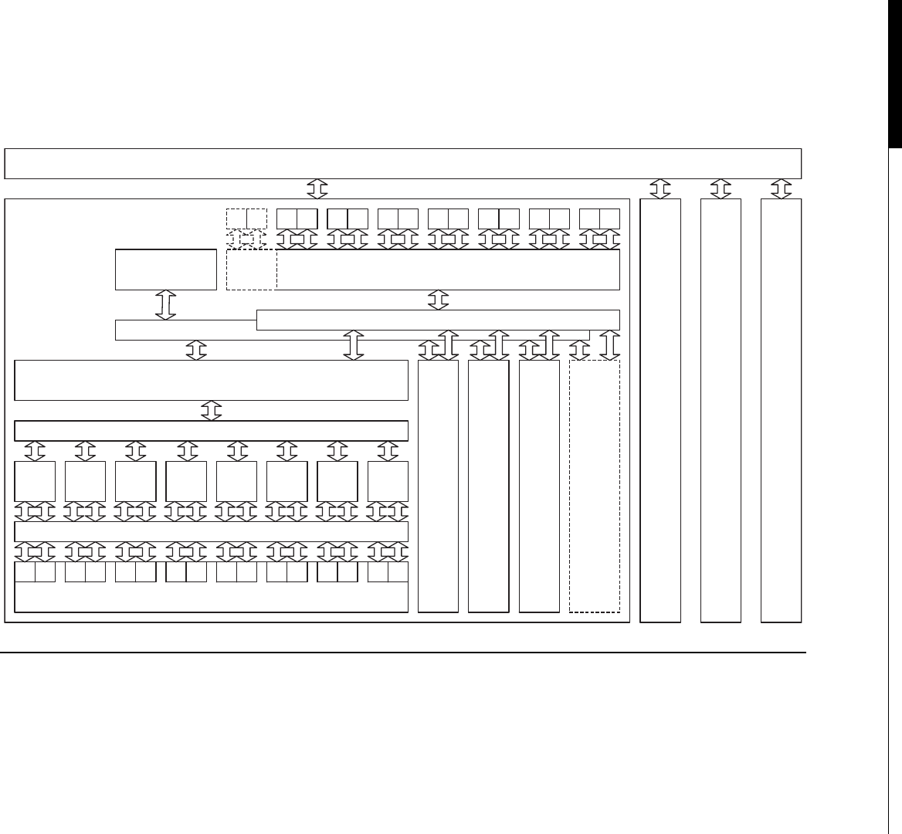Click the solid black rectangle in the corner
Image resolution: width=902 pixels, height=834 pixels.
894,73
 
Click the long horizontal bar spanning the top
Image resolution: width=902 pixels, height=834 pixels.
402,163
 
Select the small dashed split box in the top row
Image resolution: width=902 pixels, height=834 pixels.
246,219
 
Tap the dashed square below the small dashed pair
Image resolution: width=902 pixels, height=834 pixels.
251,270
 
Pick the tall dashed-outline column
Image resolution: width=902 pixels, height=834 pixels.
594,486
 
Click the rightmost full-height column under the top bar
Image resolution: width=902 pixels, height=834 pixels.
781,410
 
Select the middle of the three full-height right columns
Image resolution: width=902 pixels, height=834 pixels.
720,410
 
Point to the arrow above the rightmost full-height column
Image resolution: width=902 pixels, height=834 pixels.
782,188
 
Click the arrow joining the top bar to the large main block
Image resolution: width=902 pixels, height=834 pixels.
317,188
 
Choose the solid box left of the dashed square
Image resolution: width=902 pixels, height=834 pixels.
166,270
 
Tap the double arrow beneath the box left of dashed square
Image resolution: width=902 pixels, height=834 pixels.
166,304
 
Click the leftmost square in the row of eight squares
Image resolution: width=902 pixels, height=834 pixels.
35,481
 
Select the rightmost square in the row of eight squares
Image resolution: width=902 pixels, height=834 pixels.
388,481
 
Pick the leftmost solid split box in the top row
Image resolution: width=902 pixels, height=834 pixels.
297,219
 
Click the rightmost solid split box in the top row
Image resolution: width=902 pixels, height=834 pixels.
599,219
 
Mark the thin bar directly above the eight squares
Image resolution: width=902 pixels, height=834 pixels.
211,430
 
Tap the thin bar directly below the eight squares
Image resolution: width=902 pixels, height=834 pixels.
211,531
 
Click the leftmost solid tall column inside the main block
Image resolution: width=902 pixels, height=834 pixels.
438,486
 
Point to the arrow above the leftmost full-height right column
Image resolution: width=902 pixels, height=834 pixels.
660,188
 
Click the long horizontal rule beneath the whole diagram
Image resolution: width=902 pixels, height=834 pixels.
402,652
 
